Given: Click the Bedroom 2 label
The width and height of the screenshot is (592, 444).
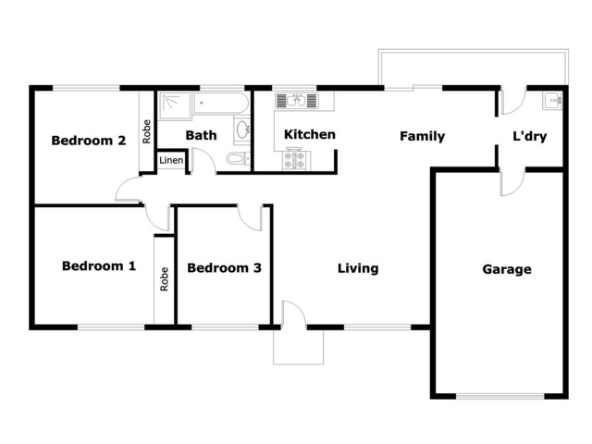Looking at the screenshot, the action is click(89, 141).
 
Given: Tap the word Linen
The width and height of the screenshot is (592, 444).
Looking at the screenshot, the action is click(171, 160).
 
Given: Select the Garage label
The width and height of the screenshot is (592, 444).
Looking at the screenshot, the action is click(507, 269).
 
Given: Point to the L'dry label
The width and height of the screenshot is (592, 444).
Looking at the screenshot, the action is click(530, 136).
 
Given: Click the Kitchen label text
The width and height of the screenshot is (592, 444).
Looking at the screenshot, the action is click(310, 134).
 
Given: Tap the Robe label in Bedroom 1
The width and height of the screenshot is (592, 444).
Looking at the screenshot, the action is click(165, 279).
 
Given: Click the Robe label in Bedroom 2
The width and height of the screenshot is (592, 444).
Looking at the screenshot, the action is click(146, 131).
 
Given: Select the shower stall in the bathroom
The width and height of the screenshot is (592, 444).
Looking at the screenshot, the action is click(175, 105).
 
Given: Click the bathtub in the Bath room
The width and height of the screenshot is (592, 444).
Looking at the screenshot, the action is click(222, 103).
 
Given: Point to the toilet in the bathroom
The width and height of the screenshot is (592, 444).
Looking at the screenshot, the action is click(238, 158).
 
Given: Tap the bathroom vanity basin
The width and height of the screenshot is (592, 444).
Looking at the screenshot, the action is click(242, 130).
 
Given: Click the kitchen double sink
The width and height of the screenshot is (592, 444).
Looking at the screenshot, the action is click(296, 101).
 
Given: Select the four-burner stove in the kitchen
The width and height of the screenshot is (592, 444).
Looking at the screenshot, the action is click(296, 160).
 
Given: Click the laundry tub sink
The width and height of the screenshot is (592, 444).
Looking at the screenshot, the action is click(552, 101).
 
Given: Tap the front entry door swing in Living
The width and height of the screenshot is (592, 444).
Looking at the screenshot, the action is click(294, 313).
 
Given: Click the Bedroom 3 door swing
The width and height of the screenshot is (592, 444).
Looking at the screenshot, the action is click(250, 218).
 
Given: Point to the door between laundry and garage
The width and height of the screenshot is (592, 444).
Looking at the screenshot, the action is click(512, 183).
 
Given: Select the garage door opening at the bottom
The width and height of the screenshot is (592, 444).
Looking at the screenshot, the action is click(499, 397).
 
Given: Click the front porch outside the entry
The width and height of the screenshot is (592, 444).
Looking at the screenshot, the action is click(298, 347).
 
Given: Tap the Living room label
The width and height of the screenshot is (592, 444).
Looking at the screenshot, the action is click(358, 268).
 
